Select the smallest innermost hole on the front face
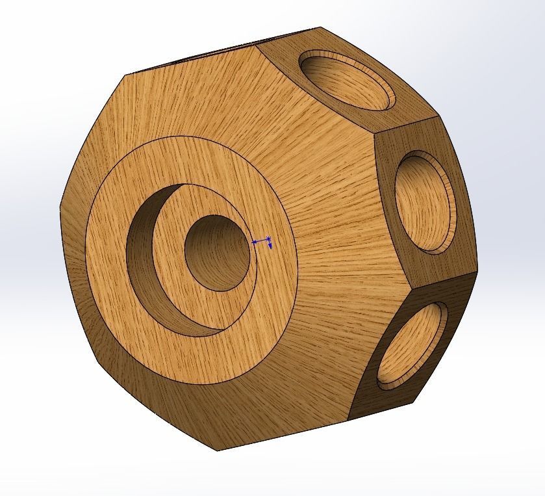point(216,252)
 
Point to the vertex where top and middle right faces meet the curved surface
point(374,133)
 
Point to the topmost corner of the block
point(320,27)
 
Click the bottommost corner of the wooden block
point(216,450)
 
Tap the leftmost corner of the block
point(60,207)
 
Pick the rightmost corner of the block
point(481,268)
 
